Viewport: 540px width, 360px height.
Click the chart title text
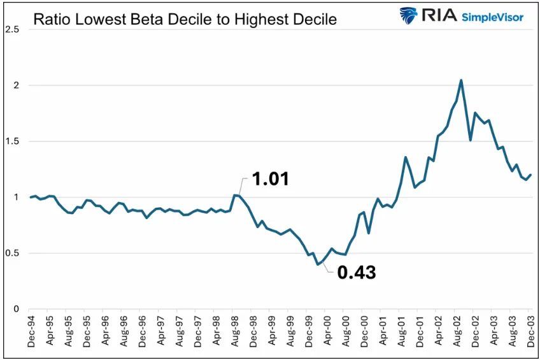click(x=185, y=19)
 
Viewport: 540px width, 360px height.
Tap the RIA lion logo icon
click(x=408, y=16)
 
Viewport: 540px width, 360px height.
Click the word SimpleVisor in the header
click(x=493, y=17)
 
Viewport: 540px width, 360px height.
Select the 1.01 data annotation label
click(x=271, y=179)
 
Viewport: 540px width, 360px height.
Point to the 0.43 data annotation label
click(x=357, y=273)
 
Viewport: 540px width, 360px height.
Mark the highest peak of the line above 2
click(x=461, y=80)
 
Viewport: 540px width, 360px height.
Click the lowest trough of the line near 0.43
click(x=318, y=264)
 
